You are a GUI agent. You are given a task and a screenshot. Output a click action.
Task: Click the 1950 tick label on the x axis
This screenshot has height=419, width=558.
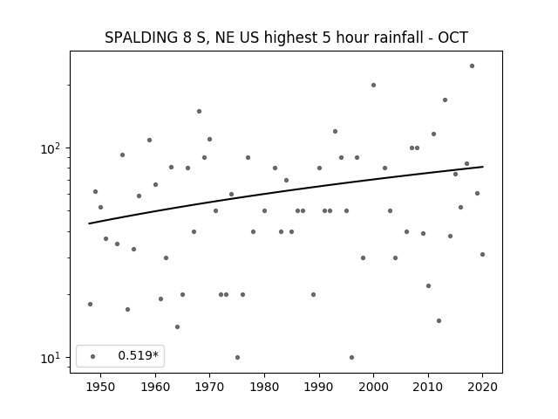pos(101,387)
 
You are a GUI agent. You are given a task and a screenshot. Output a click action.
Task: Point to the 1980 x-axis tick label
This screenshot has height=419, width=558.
pos(264,387)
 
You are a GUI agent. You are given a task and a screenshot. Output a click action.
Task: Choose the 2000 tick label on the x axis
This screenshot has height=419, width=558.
pos(374,387)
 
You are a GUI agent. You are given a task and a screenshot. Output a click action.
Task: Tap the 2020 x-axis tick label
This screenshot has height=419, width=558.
pos(482,387)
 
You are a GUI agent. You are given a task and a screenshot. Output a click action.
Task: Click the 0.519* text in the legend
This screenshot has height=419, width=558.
pos(138,355)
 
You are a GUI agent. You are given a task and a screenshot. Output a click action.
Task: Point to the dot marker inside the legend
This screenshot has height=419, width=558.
pos(93,356)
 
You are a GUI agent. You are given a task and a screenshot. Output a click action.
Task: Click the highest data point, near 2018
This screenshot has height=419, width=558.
pos(472,66)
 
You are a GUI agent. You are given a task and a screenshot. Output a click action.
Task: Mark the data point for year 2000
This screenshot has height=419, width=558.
pos(374,86)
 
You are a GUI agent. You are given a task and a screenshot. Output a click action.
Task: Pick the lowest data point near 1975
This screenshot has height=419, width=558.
pos(237,357)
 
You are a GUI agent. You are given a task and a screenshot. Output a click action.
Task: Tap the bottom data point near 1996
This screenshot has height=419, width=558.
pos(351,357)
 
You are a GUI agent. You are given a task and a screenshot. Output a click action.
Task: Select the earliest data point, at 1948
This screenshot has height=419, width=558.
pos(90,304)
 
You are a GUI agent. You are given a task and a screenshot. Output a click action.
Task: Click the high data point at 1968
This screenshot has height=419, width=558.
pos(200,111)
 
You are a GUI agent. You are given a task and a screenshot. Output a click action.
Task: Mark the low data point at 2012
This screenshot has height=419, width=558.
pos(439,320)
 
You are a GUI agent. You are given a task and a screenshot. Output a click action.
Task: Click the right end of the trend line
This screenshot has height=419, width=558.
pos(483,167)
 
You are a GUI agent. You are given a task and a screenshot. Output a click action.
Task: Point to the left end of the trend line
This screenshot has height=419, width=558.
pos(89,223)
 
